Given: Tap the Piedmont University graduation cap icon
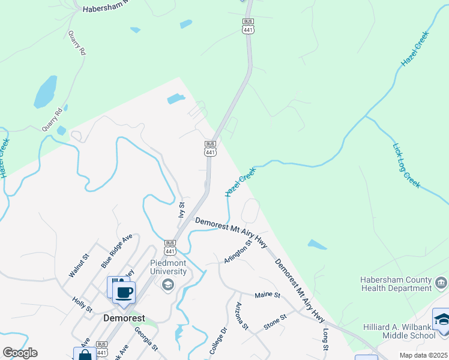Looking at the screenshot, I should point(167,284).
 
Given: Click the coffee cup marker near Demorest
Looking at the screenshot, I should point(124,293).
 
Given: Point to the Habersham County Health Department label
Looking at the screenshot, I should point(396,284).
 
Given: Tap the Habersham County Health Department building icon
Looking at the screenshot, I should point(441,281).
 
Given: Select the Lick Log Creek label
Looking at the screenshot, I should point(406,166).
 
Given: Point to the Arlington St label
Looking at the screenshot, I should point(237,251).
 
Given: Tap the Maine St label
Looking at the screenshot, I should point(268,295).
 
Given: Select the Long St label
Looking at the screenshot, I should point(326,340).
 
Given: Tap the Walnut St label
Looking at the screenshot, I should point(79,265).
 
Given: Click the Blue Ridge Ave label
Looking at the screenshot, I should point(116,251).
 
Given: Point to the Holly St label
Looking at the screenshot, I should point(82,305).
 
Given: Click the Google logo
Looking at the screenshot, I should point(20,353).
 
